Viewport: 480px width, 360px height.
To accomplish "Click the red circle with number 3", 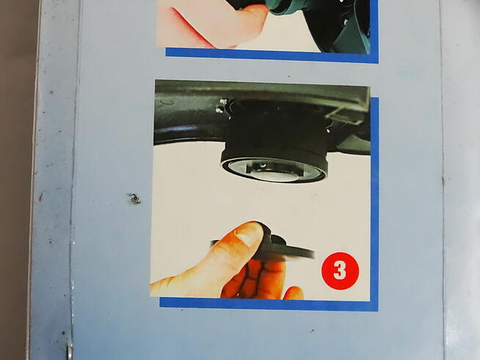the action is coord(340,271).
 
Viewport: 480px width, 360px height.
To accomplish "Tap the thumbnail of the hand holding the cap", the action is coord(261,191).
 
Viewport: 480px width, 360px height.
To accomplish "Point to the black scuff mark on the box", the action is coord(133,199).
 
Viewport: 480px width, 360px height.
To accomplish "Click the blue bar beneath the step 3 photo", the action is coord(269,304).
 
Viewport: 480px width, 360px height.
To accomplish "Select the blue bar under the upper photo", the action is coord(272,56).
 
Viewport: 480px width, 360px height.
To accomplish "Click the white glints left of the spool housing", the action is coord(222,106).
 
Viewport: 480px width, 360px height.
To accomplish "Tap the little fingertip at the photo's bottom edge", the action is coord(294,293).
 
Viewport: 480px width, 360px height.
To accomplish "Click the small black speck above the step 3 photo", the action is coord(289,76).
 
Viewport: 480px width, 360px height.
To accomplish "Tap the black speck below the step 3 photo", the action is coord(312,331).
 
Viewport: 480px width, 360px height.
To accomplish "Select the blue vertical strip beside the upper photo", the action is coord(374,31).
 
